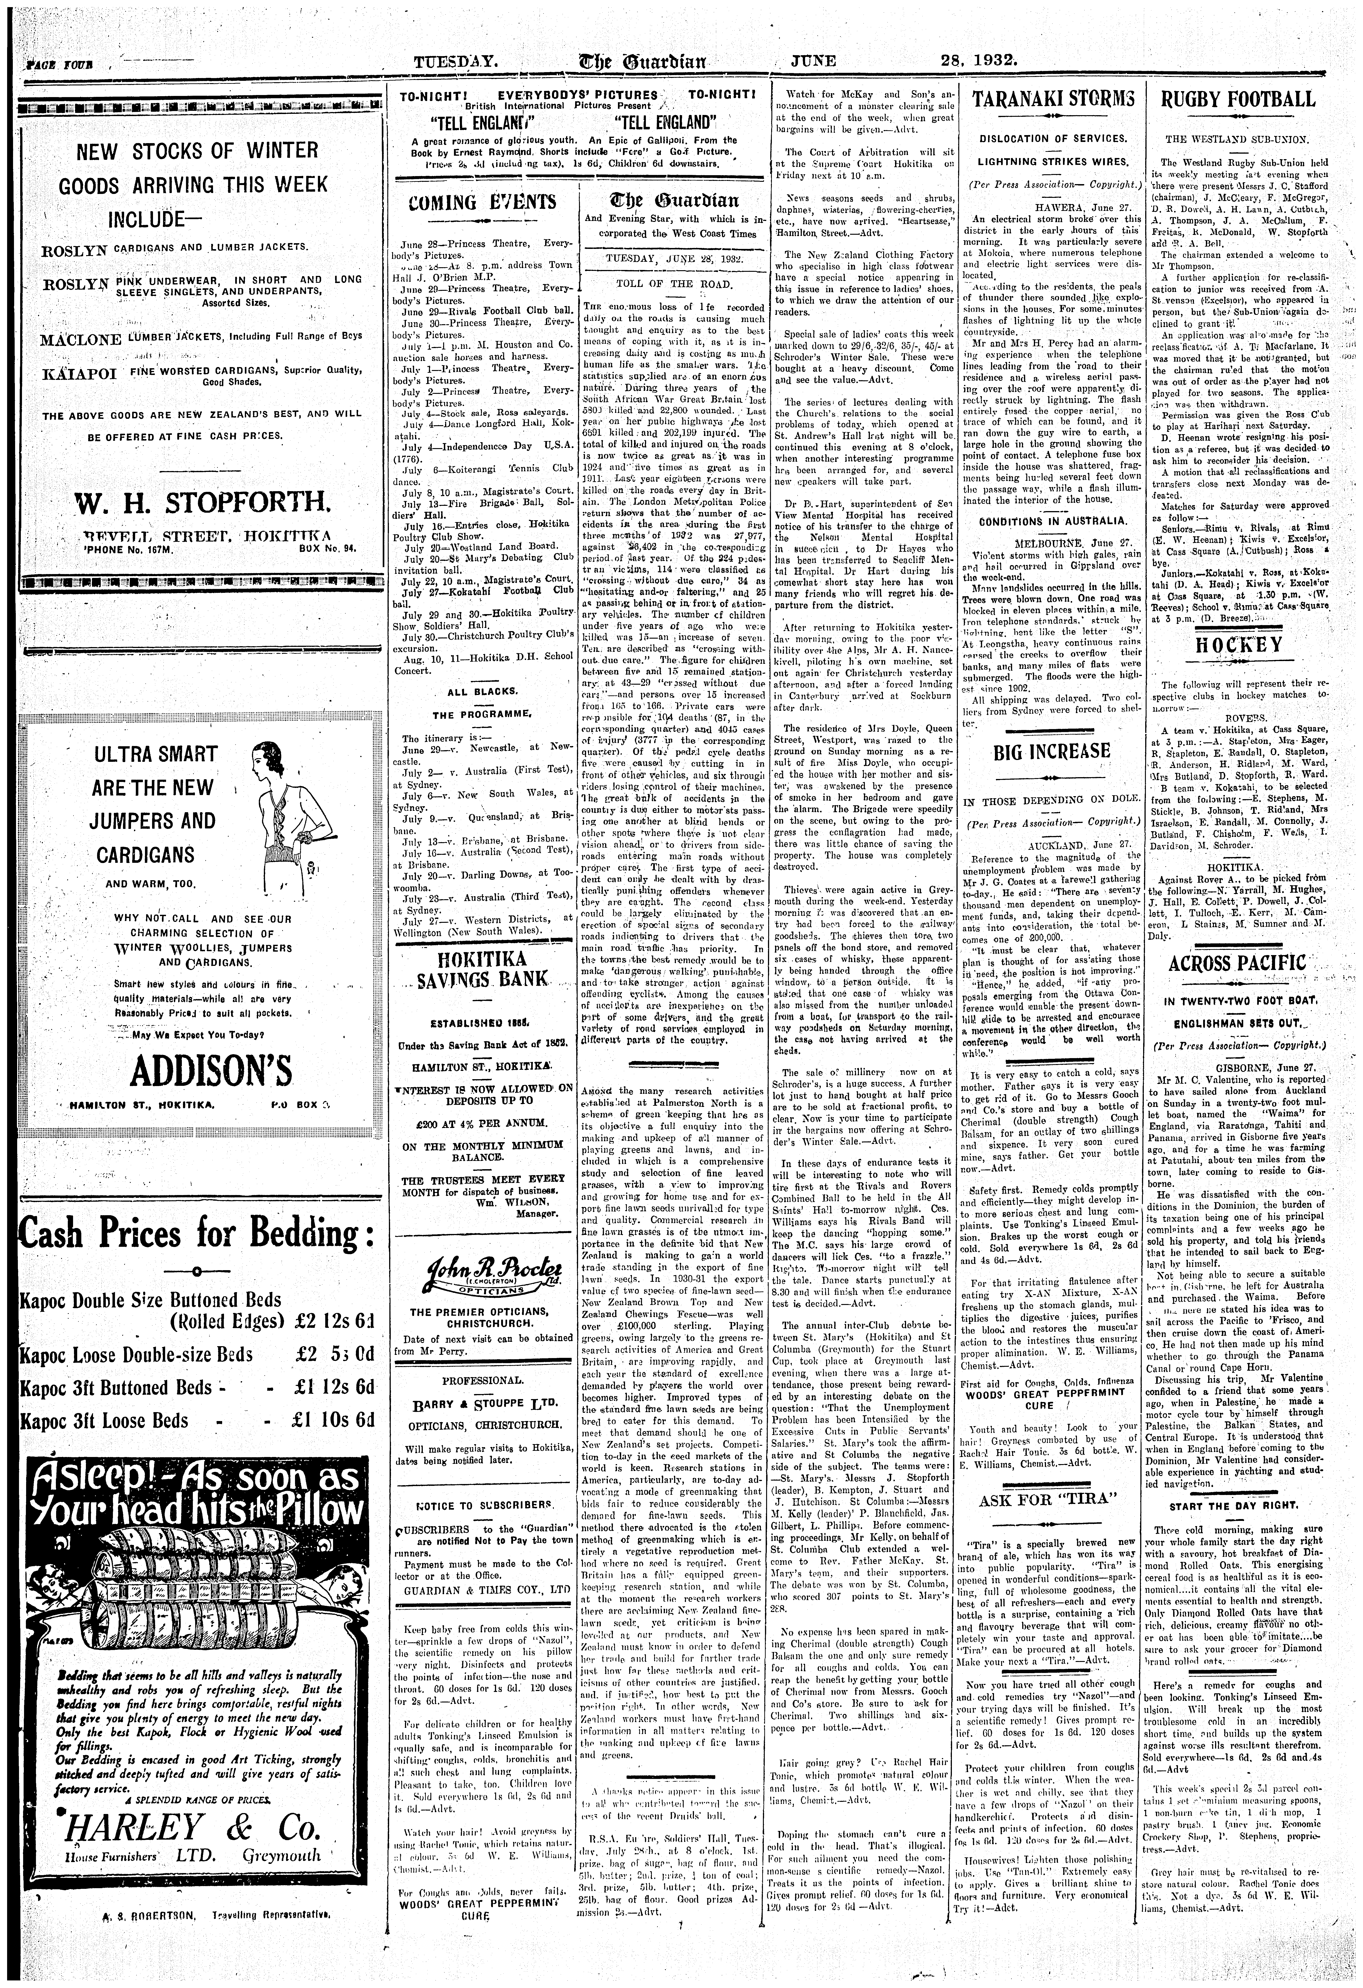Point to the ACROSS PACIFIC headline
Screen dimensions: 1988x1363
(1237, 963)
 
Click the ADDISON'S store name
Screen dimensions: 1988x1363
(197, 1072)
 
